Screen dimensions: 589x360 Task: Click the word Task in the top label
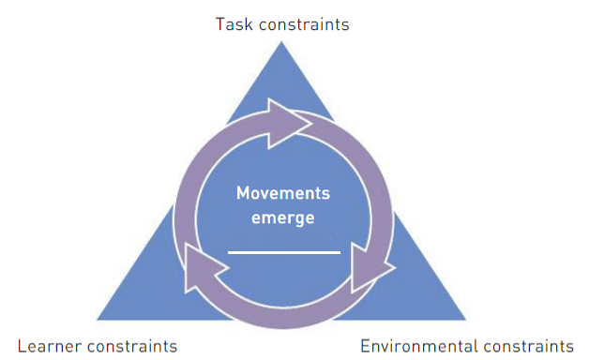pos(234,24)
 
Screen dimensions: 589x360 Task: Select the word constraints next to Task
pos(304,24)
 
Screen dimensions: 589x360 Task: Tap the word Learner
pos(50,346)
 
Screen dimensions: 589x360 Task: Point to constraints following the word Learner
pos(132,346)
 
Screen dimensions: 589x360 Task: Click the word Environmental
pos(419,346)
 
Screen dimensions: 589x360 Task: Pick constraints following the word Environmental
pos(529,346)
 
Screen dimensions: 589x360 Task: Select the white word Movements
pos(283,193)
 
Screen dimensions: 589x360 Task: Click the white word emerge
pos(283,218)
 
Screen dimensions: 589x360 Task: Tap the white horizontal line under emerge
pos(284,252)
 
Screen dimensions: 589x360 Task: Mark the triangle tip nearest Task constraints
pos(281,41)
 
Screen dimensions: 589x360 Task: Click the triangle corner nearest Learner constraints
pos(98,320)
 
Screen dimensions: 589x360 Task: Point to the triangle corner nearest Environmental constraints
pos(466,320)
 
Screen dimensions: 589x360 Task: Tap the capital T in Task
pos(220,24)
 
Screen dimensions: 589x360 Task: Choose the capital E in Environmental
pos(365,346)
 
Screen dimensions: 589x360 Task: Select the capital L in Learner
pos(22,346)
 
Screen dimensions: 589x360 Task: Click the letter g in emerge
pos(295,220)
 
